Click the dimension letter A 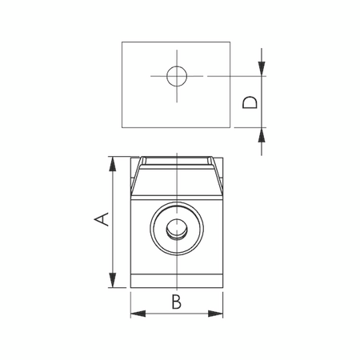click(101, 218)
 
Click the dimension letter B click(176, 302)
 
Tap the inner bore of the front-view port click(176, 230)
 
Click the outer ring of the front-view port click(158, 230)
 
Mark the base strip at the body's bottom click(176, 281)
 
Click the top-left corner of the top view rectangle click(122, 41)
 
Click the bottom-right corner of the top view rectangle click(230, 126)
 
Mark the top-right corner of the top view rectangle click(230, 41)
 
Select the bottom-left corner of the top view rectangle click(122, 126)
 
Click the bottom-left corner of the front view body click(131, 288)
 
